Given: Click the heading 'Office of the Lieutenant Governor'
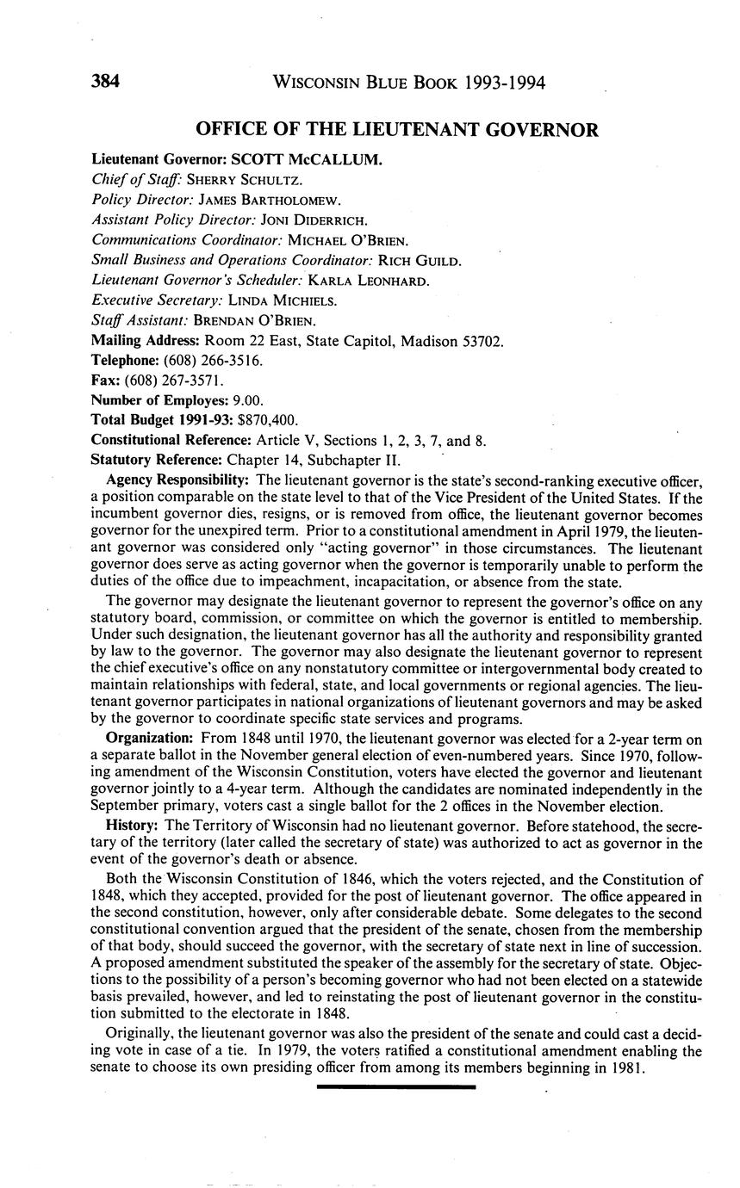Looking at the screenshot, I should (396, 130).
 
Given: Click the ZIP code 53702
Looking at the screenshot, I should (482, 341).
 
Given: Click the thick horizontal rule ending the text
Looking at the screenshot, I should (396, 1087).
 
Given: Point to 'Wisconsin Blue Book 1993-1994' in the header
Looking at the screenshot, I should (408, 84).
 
